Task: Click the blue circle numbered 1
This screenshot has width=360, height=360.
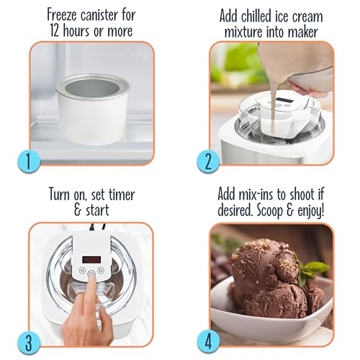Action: click(29, 161)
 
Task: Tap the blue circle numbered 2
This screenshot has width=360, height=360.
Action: click(208, 161)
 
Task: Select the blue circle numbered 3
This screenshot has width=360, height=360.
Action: click(29, 342)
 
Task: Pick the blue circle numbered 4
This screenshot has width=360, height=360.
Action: click(208, 342)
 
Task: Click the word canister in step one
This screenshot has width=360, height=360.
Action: click(99, 15)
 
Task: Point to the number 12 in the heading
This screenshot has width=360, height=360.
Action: click(55, 31)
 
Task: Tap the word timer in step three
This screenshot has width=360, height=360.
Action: click(122, 194)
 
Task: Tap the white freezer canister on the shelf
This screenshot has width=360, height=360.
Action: click(93, 109)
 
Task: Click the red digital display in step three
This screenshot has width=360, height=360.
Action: click(91, 259)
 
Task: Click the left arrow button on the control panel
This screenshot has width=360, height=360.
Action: click(82, 270)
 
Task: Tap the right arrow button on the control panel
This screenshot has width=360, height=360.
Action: click(101, 270)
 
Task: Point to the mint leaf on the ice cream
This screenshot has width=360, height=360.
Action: click(311, 272)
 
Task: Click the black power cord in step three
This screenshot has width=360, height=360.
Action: click(98, 227)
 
